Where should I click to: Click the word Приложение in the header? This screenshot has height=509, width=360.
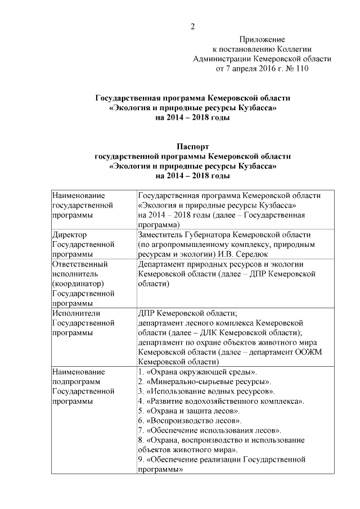coord(262,39)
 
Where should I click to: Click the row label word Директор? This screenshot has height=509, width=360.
coord(69,235)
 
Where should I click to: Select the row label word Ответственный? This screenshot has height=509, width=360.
coord(75,263)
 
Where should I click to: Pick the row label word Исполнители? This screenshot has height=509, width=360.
coord(72,313)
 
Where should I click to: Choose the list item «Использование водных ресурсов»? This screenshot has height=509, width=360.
coord(210,391)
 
